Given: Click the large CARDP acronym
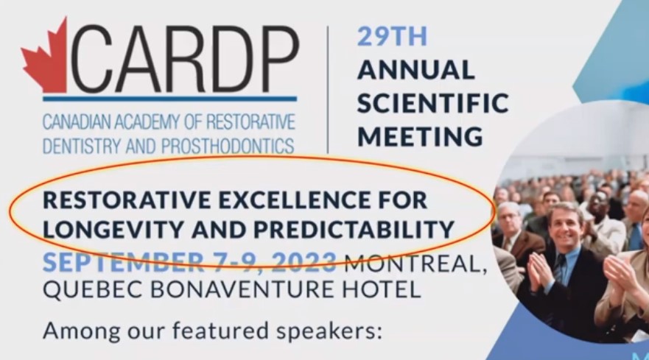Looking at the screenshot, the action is [184, 59].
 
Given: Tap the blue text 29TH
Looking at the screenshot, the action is [392, 36].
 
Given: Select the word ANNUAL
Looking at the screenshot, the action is [415, 69].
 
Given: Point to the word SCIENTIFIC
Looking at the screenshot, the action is [432, 102].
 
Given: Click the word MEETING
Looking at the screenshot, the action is [420, 135].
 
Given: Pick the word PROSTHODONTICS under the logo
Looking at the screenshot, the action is [228, 146].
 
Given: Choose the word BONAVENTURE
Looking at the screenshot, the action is [242, 289].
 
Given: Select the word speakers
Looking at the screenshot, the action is [329, 331].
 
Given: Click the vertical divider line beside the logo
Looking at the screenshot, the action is [328, 89].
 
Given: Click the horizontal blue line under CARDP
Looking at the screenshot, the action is [169, 99].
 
